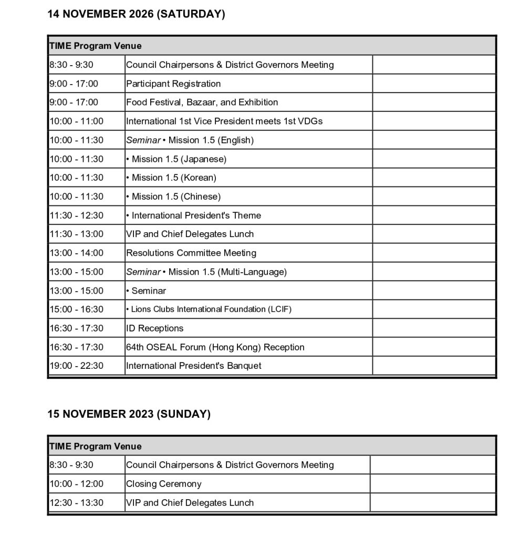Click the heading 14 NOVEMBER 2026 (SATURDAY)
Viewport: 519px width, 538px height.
tap(136, 14)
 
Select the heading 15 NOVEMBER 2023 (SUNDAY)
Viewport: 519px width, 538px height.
tap(129, 414)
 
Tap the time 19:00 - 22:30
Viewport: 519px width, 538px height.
tap(76, 366)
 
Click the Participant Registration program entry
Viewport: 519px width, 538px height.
tap(173, 84)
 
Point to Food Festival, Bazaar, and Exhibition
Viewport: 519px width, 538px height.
tap(202, 102)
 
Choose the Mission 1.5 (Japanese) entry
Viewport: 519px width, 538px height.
tap(177, 159)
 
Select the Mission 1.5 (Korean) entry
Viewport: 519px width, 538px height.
tap(171, 178)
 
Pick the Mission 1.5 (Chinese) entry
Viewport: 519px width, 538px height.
tap(173, 196)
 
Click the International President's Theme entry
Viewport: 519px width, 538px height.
tap(193, 215)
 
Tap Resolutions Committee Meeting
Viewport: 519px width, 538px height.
tap(191, 253)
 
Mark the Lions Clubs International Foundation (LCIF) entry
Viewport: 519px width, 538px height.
tap(209, 309)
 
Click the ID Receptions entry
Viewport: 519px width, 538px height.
tap(154, 328)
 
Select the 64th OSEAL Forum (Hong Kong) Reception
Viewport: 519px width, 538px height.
tap(215, 347)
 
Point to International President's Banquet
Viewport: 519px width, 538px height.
tap(193, 366)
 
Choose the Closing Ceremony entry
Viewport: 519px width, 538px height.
tap(163, 484)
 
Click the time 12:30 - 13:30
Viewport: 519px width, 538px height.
tap(76, 503)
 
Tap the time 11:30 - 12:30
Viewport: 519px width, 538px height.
tap(76, 215)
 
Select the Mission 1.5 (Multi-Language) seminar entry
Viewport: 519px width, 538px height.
tap(206, 272)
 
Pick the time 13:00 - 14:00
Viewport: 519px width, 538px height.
tap(76, 253)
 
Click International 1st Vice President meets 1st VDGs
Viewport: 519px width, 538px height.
tap(224, 121)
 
